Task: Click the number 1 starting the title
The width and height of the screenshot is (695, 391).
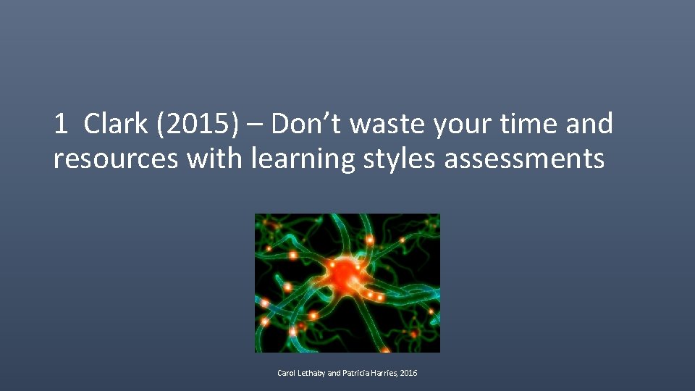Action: tap(61, 125)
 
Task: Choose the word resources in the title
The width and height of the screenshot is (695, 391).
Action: tap(115, 159)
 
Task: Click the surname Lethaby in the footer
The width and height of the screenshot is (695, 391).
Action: tap(313, 374)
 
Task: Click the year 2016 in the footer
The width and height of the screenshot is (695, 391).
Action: tap(409, 374)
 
